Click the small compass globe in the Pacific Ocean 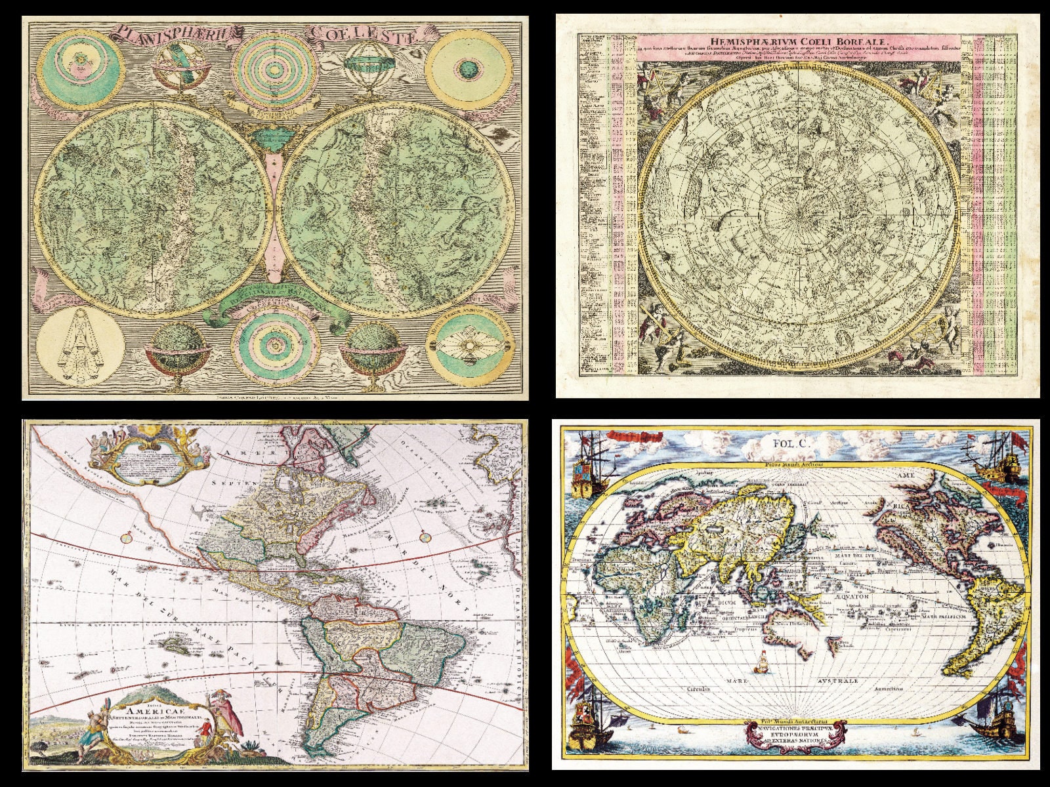click(x=125, y=538)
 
